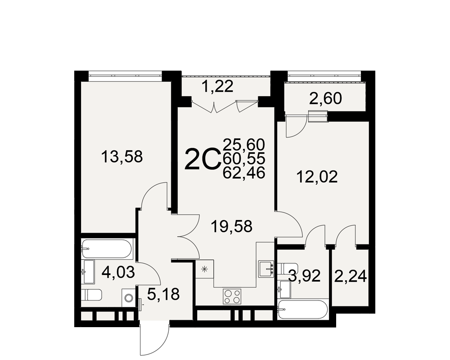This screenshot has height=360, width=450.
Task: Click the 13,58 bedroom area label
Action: coord(122,157)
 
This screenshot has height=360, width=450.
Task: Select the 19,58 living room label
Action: coord(231,226)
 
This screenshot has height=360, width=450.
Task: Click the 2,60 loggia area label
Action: coord(325,99)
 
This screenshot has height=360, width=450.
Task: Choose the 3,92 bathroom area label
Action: coord(305,276)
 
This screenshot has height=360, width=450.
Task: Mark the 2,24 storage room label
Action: coord(350,277)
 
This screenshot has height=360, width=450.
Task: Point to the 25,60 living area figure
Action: coord(243,145)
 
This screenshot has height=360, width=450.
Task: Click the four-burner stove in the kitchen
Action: coord(232,296)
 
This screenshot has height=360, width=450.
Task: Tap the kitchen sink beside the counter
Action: coord(266,269)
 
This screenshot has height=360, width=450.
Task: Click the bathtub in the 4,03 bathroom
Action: coord(107,248)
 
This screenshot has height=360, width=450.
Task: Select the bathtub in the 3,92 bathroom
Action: coord(302,310)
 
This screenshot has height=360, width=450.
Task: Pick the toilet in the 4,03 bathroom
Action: coord(91,295)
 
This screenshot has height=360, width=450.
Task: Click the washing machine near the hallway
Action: coord(128,297)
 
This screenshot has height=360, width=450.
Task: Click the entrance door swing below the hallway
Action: coord(154,340)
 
